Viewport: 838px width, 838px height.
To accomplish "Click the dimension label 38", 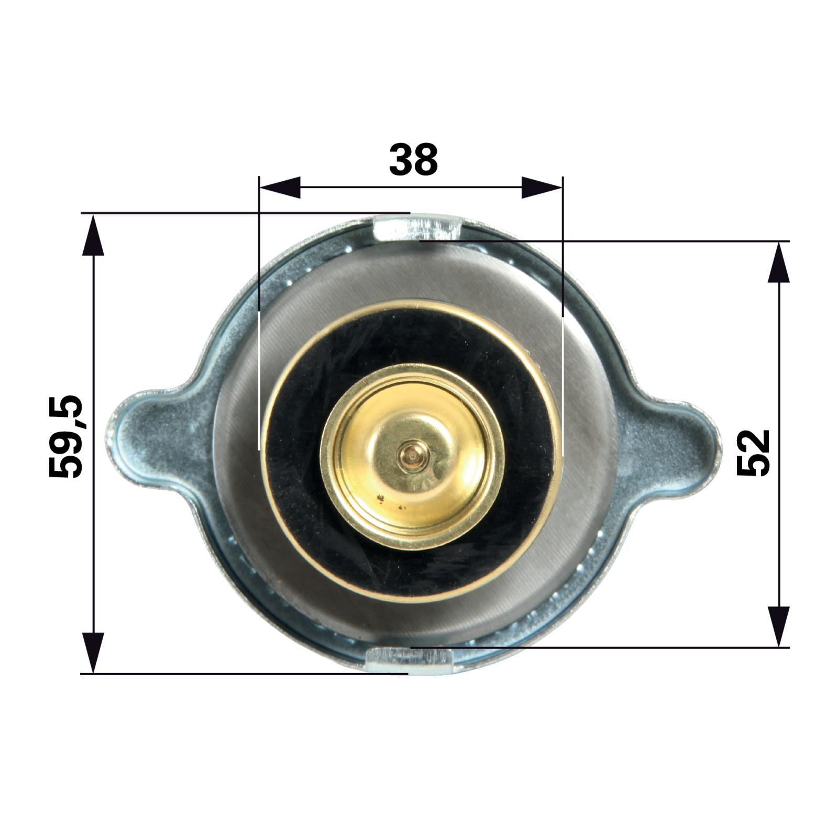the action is (413, 159).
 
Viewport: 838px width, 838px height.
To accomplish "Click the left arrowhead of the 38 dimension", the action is (280, 188).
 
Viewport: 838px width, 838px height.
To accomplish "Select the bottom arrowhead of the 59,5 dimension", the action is (93, 653).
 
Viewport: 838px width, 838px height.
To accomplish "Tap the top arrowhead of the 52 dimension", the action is (779, 262).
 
